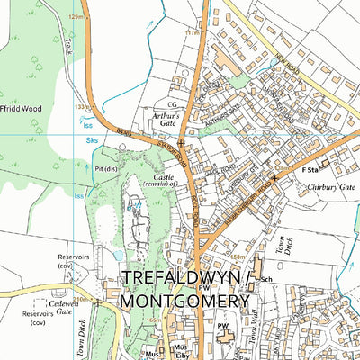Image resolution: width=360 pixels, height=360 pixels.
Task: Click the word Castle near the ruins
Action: (x=164, y=177)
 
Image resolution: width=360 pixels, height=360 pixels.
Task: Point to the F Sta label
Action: (x=310, y=167)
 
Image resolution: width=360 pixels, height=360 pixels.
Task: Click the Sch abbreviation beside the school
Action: (x=265, y=280)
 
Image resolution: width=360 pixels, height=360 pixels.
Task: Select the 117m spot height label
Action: (x=191, y=32)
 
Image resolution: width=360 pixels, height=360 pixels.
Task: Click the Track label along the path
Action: (x=67, y=46)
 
